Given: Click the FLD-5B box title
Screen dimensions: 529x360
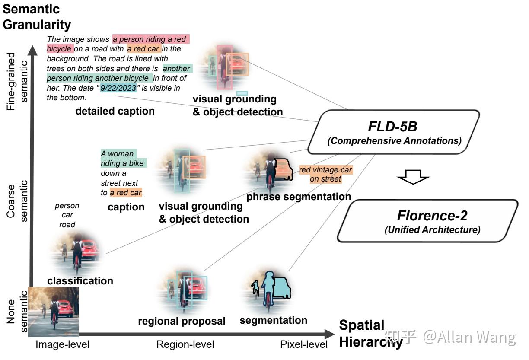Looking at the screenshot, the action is click(392, 126).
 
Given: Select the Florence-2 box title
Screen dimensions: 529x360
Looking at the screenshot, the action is click(432, 215).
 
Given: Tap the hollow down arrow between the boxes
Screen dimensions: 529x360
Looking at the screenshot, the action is click(413, 177).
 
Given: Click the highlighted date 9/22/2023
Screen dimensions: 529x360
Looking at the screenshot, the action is click(118, 88).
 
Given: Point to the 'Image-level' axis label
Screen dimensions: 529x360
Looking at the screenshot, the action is click(62, 344).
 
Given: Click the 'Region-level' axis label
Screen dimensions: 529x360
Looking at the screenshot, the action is click(185, 344).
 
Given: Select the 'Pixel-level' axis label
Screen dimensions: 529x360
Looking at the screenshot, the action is click(304, 344).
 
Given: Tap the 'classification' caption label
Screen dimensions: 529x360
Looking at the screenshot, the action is click(80, 281).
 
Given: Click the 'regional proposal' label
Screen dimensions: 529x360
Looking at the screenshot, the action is click(182, 321).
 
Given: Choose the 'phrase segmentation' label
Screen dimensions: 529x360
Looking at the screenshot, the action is click(299, 197).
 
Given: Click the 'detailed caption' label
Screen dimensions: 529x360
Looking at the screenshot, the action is click(115, 111).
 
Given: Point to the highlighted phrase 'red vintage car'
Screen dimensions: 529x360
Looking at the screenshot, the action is click(326, 169).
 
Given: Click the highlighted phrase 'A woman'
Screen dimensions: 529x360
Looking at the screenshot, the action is click(118, 153).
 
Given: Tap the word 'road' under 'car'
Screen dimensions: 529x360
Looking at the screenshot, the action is click(67, 224).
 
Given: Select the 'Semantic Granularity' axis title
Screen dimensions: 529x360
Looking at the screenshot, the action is click(37, 17).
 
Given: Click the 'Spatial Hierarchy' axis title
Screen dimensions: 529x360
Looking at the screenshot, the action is click(371, 334).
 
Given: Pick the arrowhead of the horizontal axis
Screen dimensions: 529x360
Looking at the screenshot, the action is click(330, 334).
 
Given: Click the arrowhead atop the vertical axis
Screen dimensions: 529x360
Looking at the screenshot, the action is click(32, 51).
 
